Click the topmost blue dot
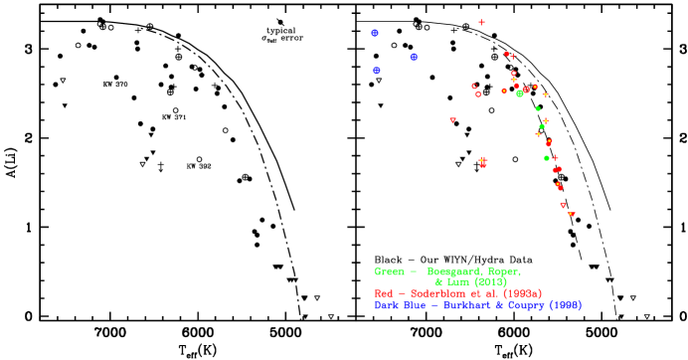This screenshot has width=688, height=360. point(375,33)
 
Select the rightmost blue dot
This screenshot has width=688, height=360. point(414,57)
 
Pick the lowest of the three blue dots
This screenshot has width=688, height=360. point(377,71)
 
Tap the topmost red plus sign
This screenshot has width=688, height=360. point(481,22)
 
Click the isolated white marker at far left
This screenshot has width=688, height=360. point(160,165)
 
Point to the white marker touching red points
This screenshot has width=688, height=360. point(476,165)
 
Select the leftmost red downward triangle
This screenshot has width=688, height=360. point(452,120)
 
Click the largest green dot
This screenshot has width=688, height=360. point(520,93)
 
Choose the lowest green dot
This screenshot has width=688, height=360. point(547,158)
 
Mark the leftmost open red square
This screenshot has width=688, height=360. point(473,86)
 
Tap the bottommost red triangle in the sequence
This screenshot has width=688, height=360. point(571,214)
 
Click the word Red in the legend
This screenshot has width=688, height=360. point(385,294)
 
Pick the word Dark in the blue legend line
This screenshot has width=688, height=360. point(389,305)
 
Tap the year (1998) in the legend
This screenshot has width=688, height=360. point(565,305)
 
